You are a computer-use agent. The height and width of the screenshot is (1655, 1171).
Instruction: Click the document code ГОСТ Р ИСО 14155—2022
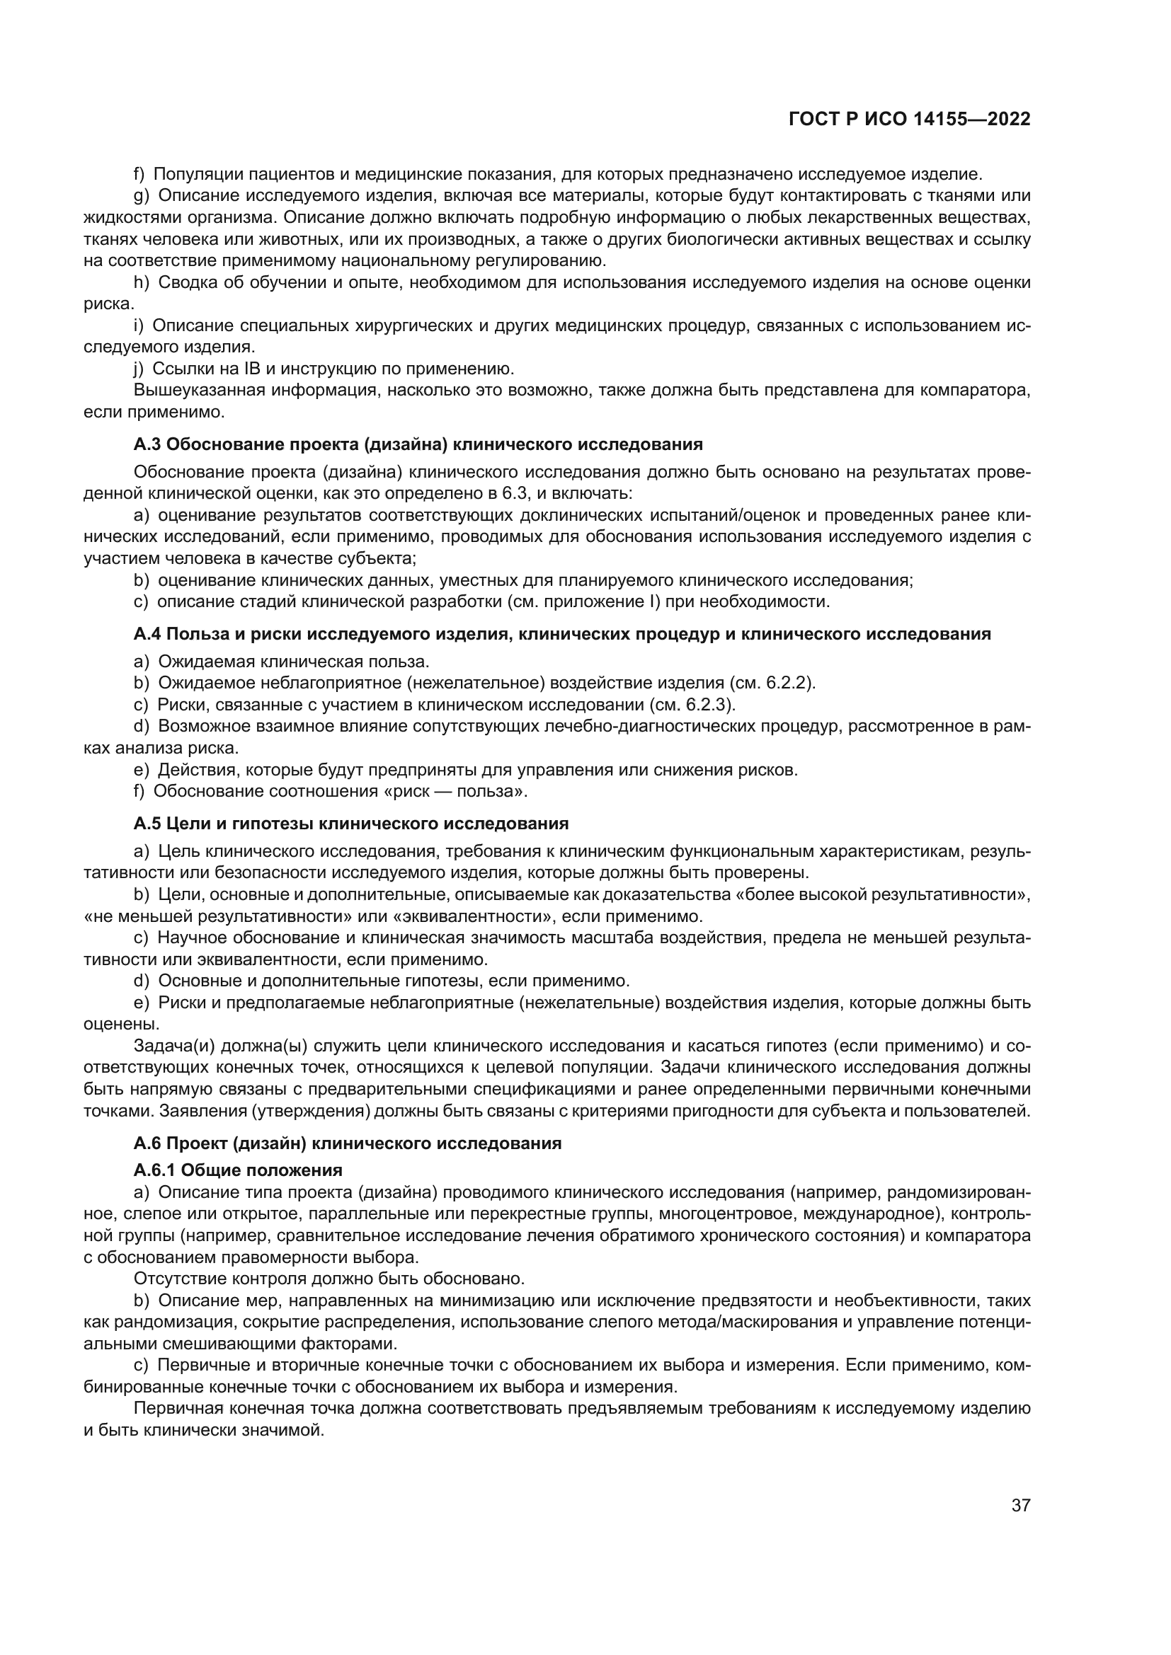[909, 120]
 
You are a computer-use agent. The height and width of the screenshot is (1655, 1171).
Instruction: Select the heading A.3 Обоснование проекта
[418, 445]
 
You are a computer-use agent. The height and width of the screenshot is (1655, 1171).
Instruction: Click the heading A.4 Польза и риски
[561, 634]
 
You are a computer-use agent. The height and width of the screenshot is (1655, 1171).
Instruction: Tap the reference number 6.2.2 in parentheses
[788, 684]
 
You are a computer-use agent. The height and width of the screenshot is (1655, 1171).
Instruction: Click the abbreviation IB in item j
[251, 369]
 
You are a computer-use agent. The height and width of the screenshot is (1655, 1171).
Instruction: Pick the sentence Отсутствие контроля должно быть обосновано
[329, 1279]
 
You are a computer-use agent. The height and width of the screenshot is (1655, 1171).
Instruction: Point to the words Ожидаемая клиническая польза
[294, 662]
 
